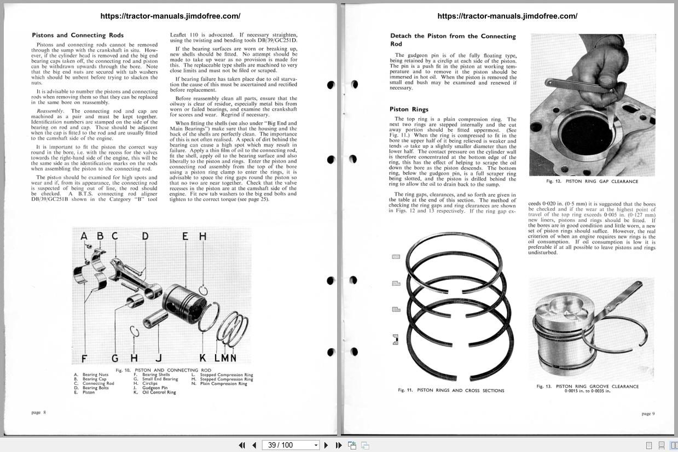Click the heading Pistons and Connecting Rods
[x=78, y=36]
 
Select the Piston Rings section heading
[x=409, y=109]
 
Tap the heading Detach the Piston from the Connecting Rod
[x=453, y=40]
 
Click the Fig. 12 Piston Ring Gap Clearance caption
[x=592, y=181]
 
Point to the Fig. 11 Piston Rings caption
[x=451, y=390]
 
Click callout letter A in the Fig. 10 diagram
[x=84, y=236]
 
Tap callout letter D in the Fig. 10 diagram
[x=145, y=236]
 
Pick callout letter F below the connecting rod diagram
[x=84, y=359]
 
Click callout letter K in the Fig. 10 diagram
[x=202, y=359]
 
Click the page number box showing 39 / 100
[x=290, y=445]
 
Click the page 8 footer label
[x=39, y=412]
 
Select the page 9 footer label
[x=647, y=413]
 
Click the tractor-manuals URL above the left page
[x=170, y=16]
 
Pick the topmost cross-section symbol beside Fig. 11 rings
[x=396, y=256]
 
